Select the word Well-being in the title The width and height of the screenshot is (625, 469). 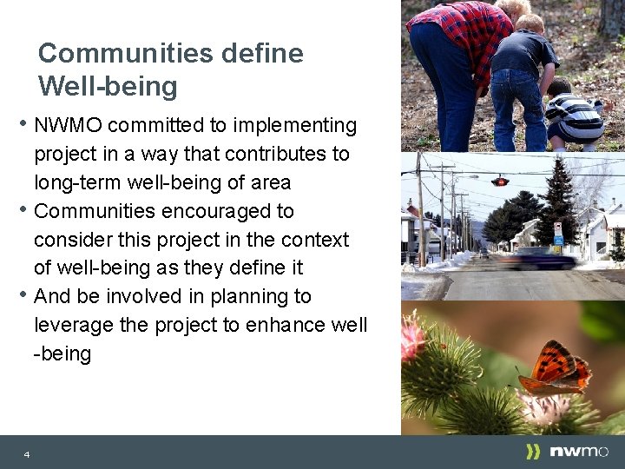click(x=108, y=87)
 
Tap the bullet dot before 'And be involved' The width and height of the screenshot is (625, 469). click(x=25, y=294)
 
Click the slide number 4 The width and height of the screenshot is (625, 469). click(x=27, y=454)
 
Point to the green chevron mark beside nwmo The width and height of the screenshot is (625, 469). click(x=533, y=452)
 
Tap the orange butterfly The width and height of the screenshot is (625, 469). click(x=556, y=369)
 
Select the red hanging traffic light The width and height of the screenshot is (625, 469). click(x=500, y=181)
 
